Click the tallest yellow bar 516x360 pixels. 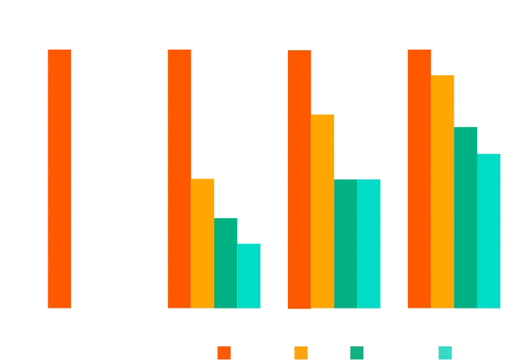pyautogui.click(x=443, y=191)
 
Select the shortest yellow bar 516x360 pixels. pyautogui.click(x=203, y=244)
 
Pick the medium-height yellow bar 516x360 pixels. pyautogui.click(x=323, y=211)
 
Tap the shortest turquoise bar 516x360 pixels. pyautogui.click(x=249, y=276)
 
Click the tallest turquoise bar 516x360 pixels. pyautogui.click(x=489, y=231)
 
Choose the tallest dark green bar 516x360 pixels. pyautogui.click(x=466, y=217)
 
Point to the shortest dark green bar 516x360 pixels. pyautogui.click(x=226, y=263)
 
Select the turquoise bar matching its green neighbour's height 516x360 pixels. pyautogui.click(x=369, y=244)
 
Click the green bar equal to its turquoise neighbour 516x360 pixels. pyautogui.click(x=346, y=244)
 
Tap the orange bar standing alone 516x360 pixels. pyautogui.click(x=58, y=178)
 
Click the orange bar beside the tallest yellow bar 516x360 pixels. pyautogui.click(x=419, y=178)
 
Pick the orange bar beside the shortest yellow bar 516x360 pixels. pyautogui.click(x=179, y=178)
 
